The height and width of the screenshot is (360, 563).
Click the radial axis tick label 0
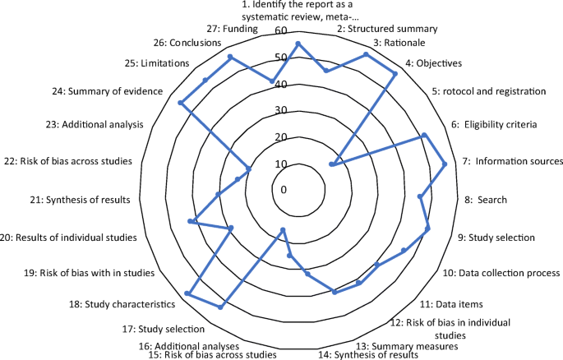(x=284, y=190)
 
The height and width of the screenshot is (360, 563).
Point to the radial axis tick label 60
(x=282, y=31)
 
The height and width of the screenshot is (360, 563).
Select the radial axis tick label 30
(x=282, y=111)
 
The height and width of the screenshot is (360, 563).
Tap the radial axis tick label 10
(x=282, y=164)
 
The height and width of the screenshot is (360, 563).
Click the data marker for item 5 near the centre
(x=331, y=165)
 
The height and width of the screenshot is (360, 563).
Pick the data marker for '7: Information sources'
(x=445, y=165)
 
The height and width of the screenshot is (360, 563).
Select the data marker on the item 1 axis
(x=298, y=44)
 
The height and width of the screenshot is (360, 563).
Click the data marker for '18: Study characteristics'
(x=188, y=293)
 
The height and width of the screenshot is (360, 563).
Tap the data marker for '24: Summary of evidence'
(x=180, y=102)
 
